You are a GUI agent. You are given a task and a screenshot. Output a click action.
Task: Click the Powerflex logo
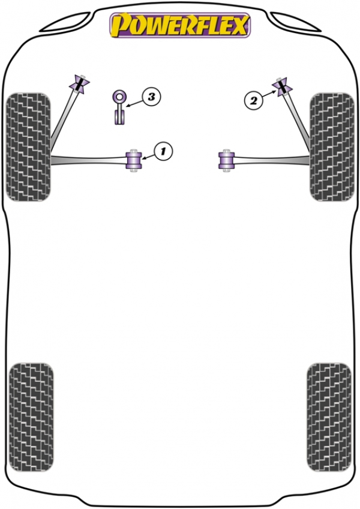click(x=180, y=25)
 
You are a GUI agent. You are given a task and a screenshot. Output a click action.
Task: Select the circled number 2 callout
click(x=253, y=100)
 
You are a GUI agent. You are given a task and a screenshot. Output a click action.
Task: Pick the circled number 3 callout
click(x=151, y=97)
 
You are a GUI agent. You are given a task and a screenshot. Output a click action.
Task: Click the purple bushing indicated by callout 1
click(x=133, y=160)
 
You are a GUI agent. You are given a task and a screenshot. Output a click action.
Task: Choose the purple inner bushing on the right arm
click(x=226, y=160)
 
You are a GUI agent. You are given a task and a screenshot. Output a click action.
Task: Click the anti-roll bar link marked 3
click(x=120, y=107)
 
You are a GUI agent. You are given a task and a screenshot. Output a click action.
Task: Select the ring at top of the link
click(x=120, y=97)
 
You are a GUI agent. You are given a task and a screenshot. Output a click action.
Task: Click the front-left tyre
click(x=29, y=146)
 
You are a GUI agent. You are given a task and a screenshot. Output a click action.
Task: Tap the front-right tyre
click(x=332, y=146)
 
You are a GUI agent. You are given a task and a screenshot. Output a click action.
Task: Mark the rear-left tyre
click(x=31, y=417)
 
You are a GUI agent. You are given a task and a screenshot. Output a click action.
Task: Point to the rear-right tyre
click(x=329, y=417)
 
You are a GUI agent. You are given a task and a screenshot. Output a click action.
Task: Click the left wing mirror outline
click(x=65, y=22)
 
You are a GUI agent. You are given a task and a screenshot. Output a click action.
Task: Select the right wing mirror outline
click(x=295, y=22)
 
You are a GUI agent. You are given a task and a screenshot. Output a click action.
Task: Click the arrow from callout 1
click(x=148, y=157)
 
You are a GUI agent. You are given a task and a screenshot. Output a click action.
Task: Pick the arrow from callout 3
click(x=135, y=103)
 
